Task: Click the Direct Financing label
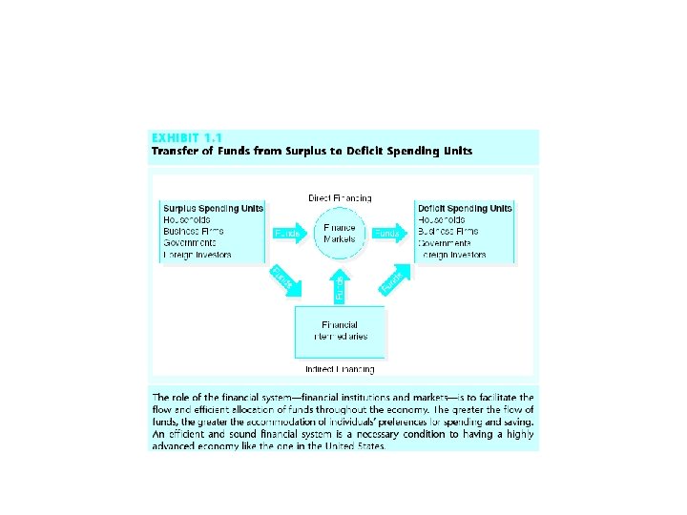click(x=340, y=198)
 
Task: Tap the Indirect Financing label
click(x=340, y=368)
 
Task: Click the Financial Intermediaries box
click(x=340, y=330)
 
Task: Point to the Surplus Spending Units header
click(x=213, y=208)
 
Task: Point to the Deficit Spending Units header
click(x=465, y=208)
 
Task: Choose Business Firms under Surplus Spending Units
click(x=196, y=231)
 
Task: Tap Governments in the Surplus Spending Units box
click(x=191, y=242)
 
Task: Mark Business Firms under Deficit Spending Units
click(x=449, y=231)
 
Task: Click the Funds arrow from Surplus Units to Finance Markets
click(x=288, y=233)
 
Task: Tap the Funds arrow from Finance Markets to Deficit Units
click(x=389, y=233)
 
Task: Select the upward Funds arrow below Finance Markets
click(x=340, y=284)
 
